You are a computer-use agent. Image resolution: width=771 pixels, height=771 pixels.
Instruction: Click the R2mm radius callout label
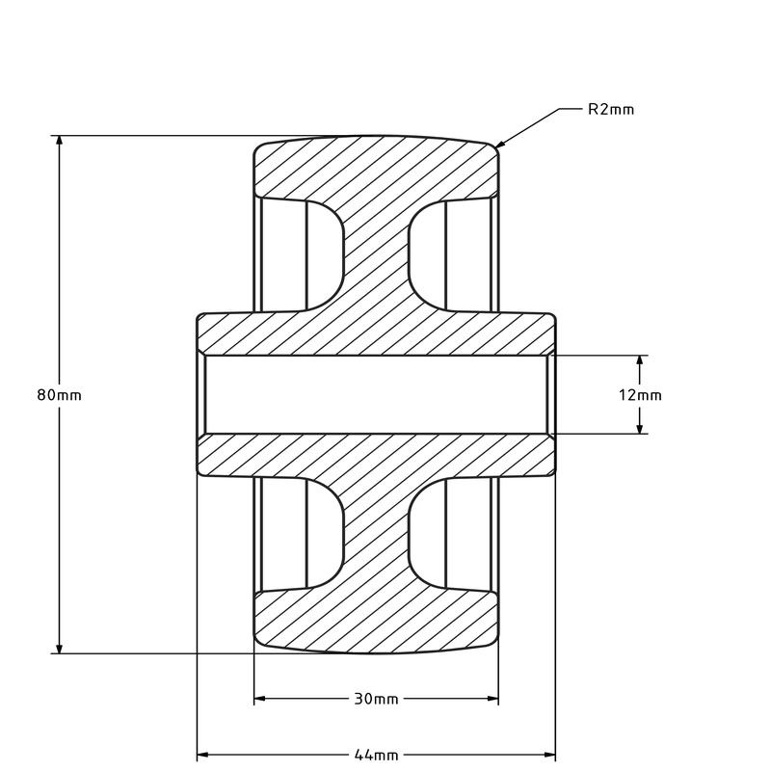[611, 109]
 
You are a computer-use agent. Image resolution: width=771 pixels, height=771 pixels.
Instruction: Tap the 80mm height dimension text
[59, 395]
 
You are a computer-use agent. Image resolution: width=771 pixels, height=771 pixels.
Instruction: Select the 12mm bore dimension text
[640, 395]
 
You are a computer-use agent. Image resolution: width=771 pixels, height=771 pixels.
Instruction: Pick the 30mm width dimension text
[376, 699]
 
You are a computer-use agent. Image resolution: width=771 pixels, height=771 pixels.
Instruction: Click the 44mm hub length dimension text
[376, 754]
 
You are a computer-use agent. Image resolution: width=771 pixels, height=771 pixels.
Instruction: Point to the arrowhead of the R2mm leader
[498, 146]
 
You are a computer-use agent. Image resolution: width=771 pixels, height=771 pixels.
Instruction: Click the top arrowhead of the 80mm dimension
[60, 141]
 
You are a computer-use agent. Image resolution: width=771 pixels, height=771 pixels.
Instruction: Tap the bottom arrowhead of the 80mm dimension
[60, 649]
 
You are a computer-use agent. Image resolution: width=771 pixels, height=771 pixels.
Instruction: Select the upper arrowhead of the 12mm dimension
[640, 360]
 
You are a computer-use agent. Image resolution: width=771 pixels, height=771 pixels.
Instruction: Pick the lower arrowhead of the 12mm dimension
[640, 429]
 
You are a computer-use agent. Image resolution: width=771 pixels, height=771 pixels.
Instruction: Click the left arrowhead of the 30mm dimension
[259, 699]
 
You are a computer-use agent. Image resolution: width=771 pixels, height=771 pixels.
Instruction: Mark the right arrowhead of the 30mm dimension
[493, 699]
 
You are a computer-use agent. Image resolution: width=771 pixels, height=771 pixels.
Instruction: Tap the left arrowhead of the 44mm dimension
[202, 754]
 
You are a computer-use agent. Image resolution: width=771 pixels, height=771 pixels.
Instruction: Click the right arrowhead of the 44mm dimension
[550, 754]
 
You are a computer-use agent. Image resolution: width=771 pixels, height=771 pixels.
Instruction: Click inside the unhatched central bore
[376, 395]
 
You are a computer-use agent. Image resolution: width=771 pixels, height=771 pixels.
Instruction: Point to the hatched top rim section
[376, 169]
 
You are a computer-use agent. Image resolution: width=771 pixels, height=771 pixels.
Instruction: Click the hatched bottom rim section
[376, 622]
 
